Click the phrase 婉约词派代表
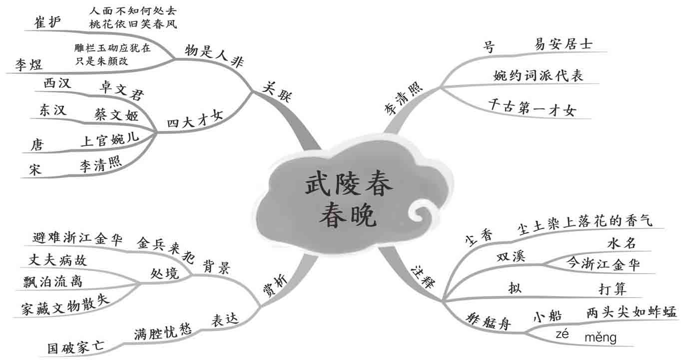(538, 75)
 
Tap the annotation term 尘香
(478, 236)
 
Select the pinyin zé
(563, 335)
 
